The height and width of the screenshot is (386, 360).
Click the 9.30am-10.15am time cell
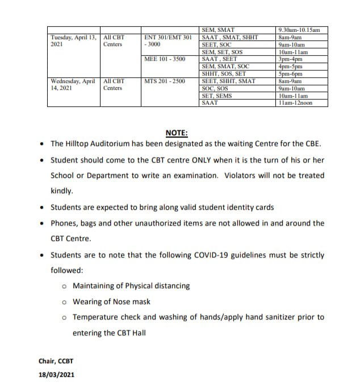(300, 30)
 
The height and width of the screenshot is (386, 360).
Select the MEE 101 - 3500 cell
(165, 59)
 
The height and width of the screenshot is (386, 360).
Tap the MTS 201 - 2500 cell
(165, 81)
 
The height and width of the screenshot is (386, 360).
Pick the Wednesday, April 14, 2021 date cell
(73, 85)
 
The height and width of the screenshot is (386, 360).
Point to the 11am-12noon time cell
(295, 103)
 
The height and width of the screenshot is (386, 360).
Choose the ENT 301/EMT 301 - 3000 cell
(168, 40)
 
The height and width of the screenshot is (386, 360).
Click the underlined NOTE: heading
(177, 133)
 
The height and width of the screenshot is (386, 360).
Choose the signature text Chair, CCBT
(56, 361)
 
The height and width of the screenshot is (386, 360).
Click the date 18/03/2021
(56, 375)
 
